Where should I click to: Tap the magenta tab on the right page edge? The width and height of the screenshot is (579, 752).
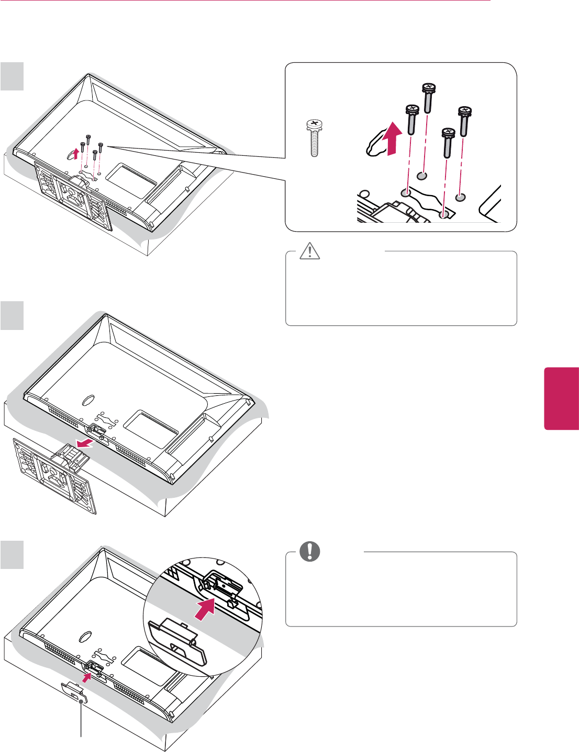click(x=562, y=398)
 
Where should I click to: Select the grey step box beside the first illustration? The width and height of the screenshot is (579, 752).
click(x=12, y=76)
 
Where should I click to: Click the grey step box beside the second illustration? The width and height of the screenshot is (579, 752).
click(x=12, y=315)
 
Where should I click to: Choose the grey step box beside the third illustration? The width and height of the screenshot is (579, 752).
click(x=12, y=555)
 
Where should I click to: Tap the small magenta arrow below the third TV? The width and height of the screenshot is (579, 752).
click(x=86, y=678)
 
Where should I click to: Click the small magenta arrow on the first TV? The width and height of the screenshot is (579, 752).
click(x=77, y=153)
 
